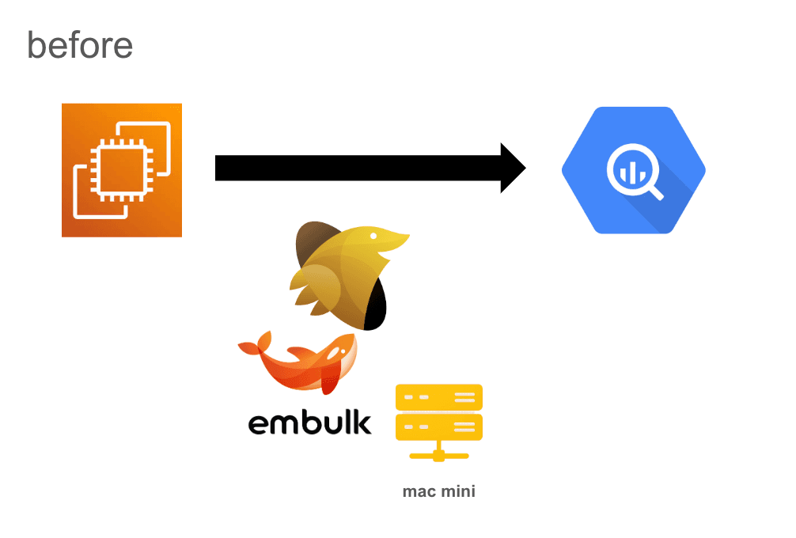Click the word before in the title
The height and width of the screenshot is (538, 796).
80,45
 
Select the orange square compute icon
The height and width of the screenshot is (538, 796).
122,170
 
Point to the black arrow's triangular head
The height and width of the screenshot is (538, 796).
512,168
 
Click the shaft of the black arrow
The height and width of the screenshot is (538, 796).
356,168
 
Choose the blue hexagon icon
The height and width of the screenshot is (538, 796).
633,170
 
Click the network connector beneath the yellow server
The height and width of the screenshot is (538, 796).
438,454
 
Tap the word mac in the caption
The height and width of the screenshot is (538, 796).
419,491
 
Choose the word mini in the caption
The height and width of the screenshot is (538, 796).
458,491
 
